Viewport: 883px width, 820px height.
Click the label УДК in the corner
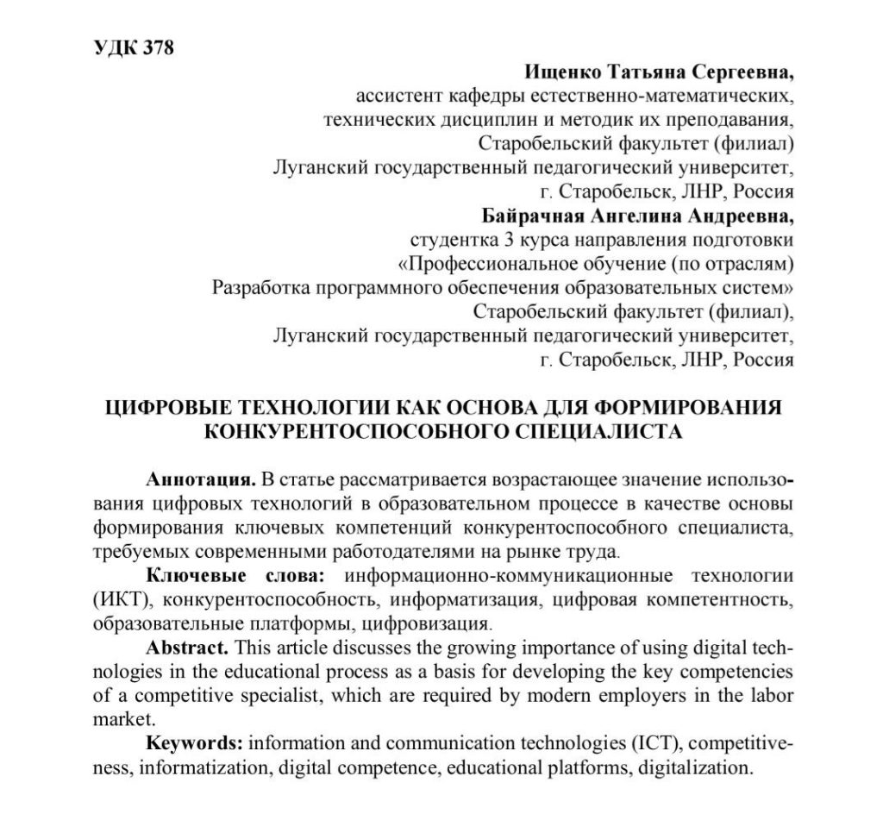click(110, 47)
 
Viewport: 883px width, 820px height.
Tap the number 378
click(155, 47)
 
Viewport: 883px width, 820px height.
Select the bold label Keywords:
click(197, 742)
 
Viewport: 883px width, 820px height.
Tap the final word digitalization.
click(698, 767)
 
